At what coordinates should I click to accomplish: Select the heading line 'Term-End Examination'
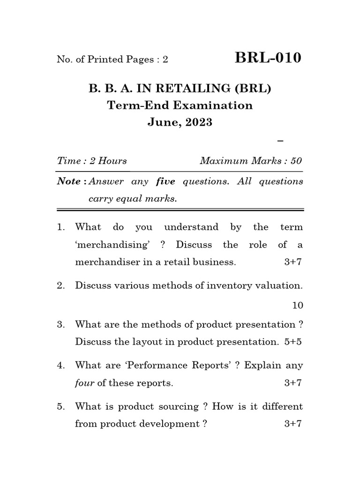(180, 105)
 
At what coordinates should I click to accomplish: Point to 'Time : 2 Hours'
(92, 161)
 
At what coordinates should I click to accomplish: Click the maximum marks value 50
(296, 161)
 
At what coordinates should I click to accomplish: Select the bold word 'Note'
(68, 181)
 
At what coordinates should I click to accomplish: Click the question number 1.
(60, 227)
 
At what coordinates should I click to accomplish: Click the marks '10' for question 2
(298, 306)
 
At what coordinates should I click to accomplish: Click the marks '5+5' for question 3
(293, 342)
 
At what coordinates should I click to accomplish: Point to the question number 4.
(60, 365)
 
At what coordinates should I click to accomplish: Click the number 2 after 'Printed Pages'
(165, 60)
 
